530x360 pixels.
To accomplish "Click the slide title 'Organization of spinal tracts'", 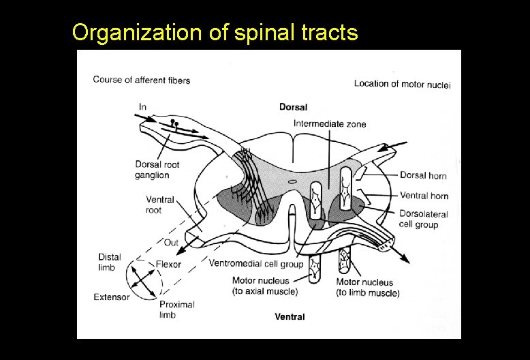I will pos(215,33).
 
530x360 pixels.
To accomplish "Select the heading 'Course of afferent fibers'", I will pos(142,80).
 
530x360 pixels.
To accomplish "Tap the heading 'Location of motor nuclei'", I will pos(402,84).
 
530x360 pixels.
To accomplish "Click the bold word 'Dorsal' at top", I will pos(293,107).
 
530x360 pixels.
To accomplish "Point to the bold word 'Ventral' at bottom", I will pos(290,316).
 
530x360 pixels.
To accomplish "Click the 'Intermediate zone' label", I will pos(330,123).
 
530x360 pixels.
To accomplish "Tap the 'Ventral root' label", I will pos(160,205).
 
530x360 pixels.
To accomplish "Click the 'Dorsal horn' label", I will pos(423,176).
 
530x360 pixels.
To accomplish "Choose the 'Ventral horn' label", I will pos(424,196).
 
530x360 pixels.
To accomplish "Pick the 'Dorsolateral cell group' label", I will pos(423,219).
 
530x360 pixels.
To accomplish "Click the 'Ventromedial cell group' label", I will pos(256,263).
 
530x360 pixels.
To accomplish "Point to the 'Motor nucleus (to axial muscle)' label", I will pos(265,286).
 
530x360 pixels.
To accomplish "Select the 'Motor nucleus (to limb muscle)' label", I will pos(368,287).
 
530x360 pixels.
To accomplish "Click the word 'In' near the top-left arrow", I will pos(142,106).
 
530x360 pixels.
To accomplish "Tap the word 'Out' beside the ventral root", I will pos(171,242).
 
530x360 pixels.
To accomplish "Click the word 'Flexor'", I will pos(168,264).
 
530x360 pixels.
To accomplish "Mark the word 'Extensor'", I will pos(112,297).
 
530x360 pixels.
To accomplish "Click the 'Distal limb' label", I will pos(110,262).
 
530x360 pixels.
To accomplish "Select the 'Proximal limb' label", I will pos(176,310).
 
